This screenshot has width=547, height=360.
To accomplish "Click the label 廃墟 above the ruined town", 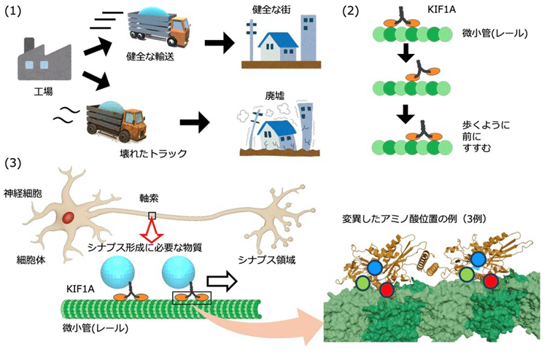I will pos(274,96).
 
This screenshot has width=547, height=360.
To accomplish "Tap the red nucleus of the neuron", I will pos(69,216).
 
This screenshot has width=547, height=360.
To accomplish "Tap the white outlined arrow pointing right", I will pos(222,281).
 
